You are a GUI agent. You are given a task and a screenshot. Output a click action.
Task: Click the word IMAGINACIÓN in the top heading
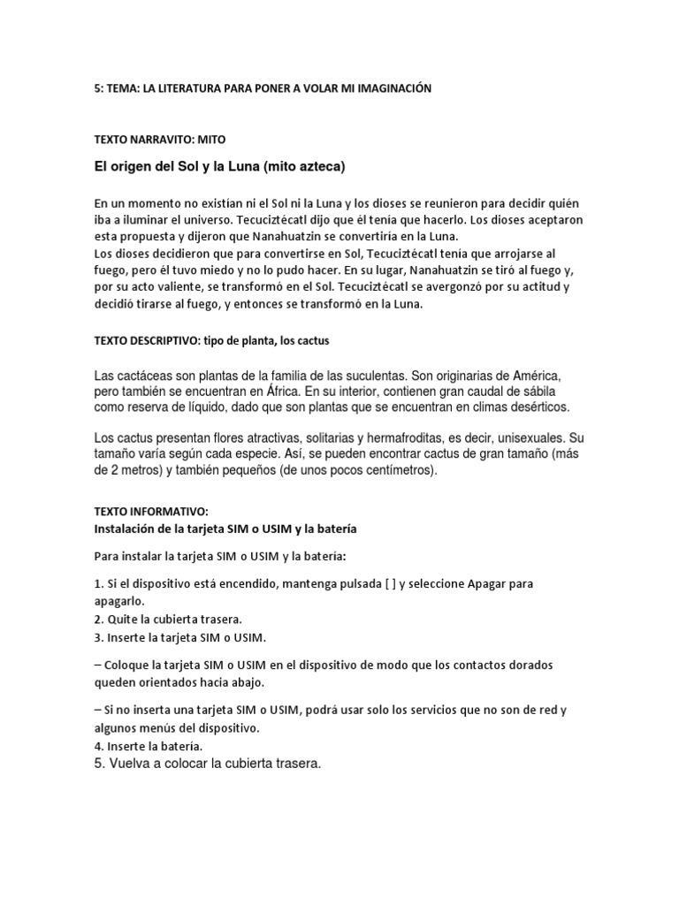click(x=389, y=89)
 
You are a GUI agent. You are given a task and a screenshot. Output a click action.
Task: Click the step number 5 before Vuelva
click(x=97, y=763)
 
